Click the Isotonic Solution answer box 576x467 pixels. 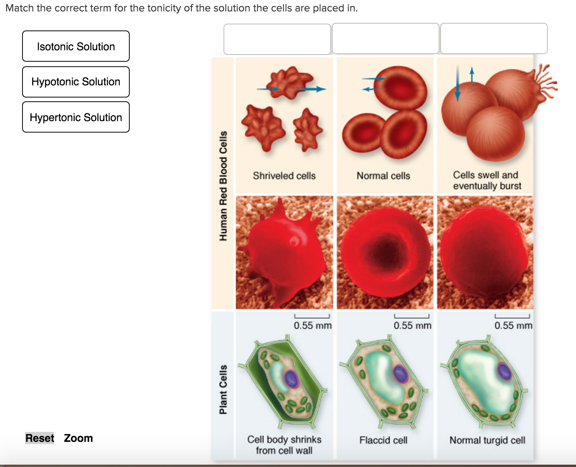click(x=76, y=46)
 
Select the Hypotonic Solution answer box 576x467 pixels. click(x=76, y=82)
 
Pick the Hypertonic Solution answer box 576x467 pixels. click(x=76, y=117)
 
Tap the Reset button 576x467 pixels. click(x=40, y=438)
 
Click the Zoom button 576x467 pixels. click(x=78, y=438)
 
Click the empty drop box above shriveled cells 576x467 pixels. click(x=277, y=39)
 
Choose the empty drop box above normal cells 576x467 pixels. click(x=385, y=38)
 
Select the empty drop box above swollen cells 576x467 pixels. click(x=494, y=38)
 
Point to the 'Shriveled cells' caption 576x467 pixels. click(x=284, y=176)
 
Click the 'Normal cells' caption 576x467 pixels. click(x=383, y=176)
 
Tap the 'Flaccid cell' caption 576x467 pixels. click(x=383, y=440)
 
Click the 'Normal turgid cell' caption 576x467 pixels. click(x=487, y=440)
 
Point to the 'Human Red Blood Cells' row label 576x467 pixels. click(x=223, y=186)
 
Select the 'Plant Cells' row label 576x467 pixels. click(x=223, y=389)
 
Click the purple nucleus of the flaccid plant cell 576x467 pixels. click(x=401, y=374)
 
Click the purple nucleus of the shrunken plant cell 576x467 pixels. click(x=291, y=379)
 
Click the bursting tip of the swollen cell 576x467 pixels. click(x=545, y=81)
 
